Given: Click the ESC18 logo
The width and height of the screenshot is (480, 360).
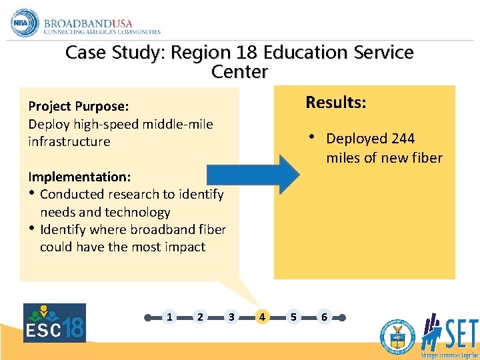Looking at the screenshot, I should tap(55, 323).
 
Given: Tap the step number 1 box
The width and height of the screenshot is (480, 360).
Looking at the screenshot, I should tap(169, 317).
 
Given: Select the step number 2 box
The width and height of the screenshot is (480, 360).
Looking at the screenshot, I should tap(200, 317).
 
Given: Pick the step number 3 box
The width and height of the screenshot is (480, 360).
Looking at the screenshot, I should tap(231, 317).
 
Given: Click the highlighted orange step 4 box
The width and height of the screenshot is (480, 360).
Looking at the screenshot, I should tap(262, 317).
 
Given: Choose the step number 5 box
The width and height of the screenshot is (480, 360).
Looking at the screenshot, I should tap(293, 317).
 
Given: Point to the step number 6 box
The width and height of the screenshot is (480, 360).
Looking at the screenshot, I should tap(324, 317).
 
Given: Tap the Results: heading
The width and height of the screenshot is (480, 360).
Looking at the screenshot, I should tap(335, 103).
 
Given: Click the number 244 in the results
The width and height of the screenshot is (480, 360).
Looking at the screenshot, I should tap(403, 139).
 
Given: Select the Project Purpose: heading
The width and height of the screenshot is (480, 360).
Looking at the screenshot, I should tap(78, 107).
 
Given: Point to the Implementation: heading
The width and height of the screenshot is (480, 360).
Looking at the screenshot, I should tap(79, 177).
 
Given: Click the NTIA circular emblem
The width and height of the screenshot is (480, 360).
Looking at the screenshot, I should tap(25, 23).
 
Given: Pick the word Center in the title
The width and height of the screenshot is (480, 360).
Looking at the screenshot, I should tap(239, 71).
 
